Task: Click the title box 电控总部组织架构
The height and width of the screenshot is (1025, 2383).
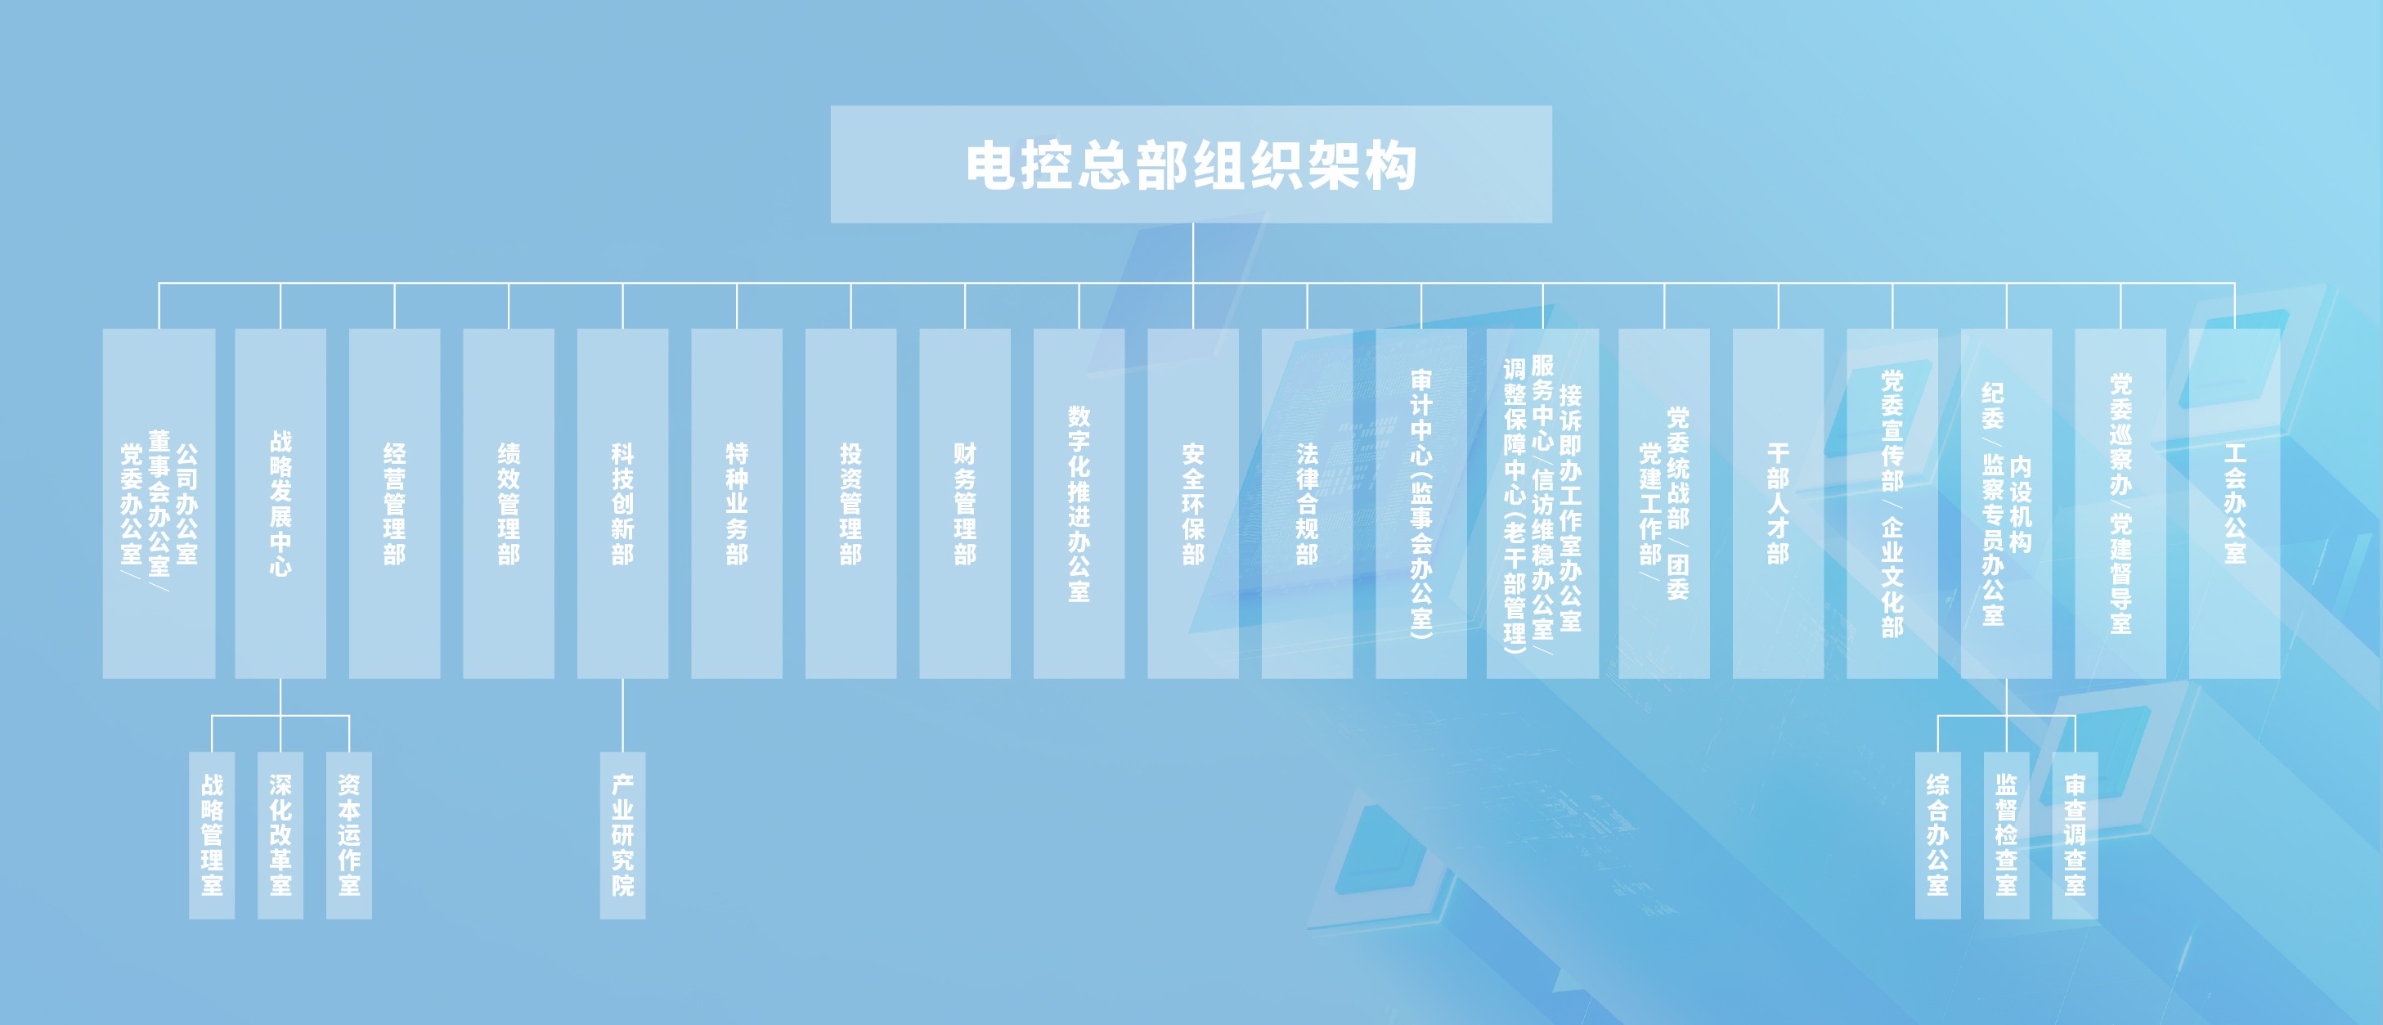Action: [1191, 164]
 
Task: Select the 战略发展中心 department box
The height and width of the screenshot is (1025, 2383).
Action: [280, 503]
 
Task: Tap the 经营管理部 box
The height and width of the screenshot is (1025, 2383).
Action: [394, 503]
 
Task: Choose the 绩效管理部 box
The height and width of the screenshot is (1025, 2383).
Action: [509, 503]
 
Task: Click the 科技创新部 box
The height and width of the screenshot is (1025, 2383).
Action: [622, 503]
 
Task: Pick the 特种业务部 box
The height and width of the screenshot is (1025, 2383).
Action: [736, 503]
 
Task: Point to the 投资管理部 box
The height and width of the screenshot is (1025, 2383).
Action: [851, 503]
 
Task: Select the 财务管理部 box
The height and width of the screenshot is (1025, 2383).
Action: [965, 503]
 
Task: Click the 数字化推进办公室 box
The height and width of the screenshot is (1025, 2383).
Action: [1079, 503]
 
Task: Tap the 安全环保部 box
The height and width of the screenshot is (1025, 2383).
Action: [1193, 503]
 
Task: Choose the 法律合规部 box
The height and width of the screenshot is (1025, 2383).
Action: [1307, 503]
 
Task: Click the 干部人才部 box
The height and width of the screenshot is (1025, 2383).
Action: [1778, 503]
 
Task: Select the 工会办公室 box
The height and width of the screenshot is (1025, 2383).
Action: [2235, 503]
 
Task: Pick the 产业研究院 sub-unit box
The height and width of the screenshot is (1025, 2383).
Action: [622, 835]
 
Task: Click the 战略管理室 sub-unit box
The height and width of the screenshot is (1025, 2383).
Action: [212, 835]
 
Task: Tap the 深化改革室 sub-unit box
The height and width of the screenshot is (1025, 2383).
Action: [280, 835]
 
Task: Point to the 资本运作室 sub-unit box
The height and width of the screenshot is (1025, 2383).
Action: [348, 835]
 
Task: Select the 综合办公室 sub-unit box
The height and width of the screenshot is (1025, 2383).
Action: [1938, 835]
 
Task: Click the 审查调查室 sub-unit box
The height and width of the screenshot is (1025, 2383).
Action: [2075, 835]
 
